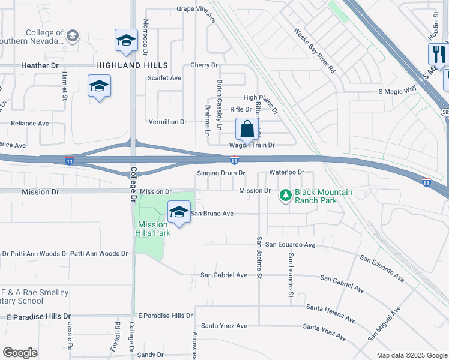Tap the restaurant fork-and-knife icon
click(x=438, y=55)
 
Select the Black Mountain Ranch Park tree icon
click(x=286, y=195)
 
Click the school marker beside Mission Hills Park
click(x=178, y=212)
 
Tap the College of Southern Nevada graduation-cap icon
click(x=73, y=37)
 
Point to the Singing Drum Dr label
click(x=221, y=173)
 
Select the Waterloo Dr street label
click(x=287, y=172)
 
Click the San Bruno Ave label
click(x=212, y=213)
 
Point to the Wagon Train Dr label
click(x=252, y=145)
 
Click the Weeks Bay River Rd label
click(x=315, y=50)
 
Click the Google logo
click(x=20, y=353)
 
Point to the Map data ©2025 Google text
click(x=411, y=355)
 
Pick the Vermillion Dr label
click(x=167, y=122)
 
